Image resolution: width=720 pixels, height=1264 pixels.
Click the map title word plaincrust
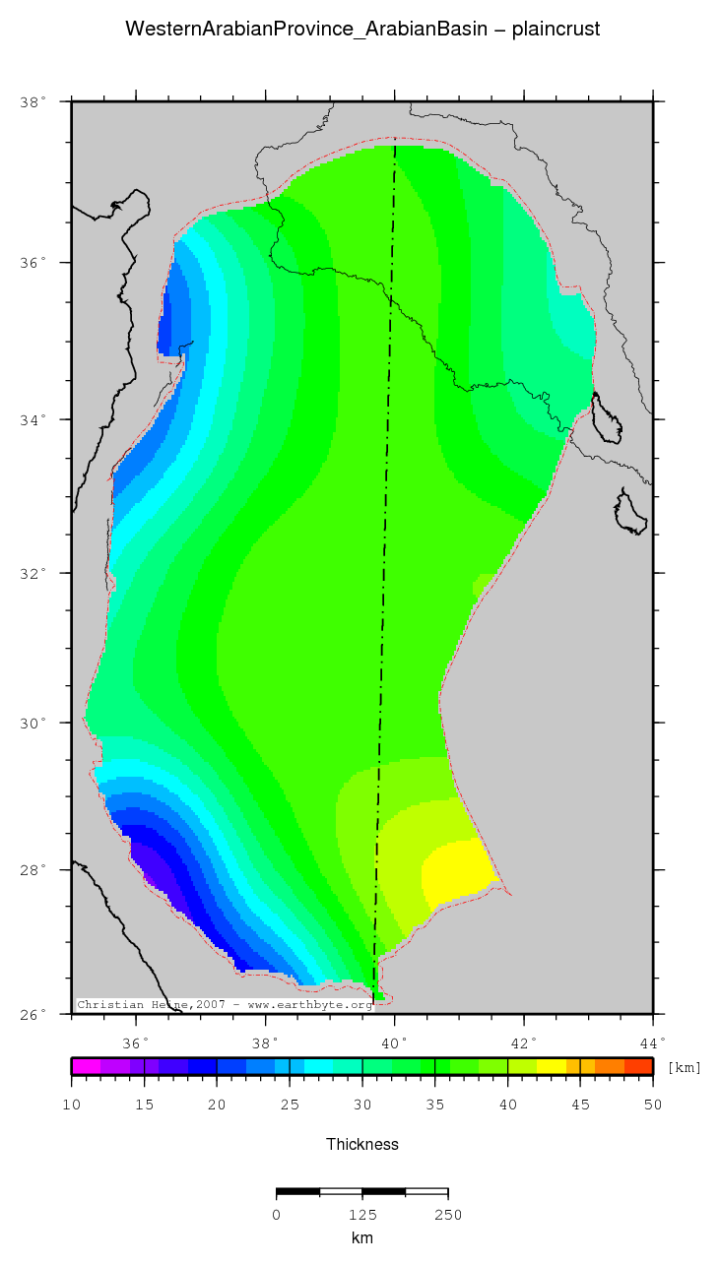click(556, 30)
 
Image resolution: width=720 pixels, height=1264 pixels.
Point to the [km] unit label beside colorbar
click(684, 1067)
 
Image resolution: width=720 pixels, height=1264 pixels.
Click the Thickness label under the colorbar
click(362, 1144)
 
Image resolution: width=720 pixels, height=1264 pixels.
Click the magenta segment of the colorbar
click(86, 1066)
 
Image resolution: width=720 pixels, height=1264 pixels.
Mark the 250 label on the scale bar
click(448, 1215)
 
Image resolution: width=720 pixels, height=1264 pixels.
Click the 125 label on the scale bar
click(362, 1215)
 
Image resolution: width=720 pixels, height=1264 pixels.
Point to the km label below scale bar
click(362, 1238)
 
